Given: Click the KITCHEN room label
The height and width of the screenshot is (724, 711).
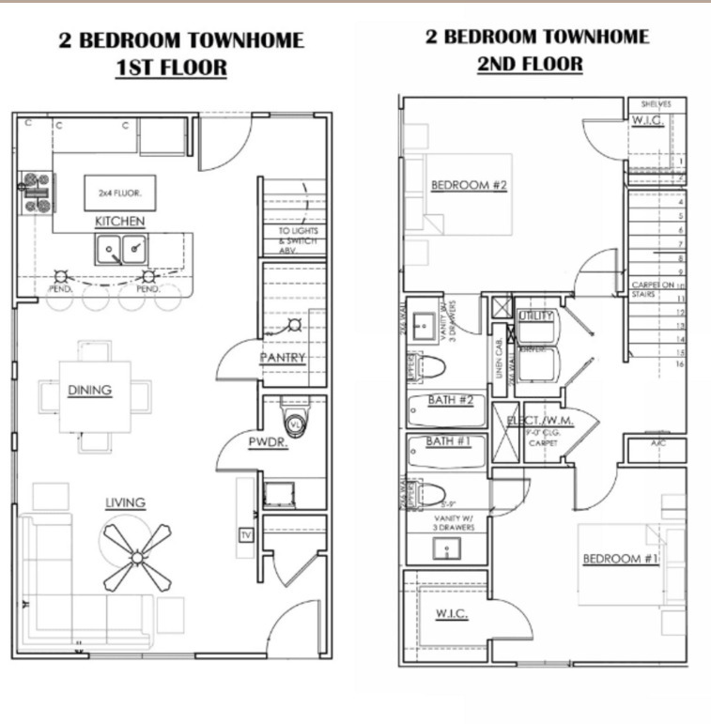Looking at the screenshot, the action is click(x=119, y=222).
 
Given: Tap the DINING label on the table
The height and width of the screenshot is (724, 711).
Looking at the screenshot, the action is click(x=89, y=391).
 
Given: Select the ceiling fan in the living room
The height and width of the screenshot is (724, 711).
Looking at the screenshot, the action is click(x=137, y=555).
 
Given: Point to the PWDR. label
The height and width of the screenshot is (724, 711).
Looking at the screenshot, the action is click(x=268, y=442).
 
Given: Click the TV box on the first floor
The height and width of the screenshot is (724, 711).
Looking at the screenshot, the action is click(x=246, y=535).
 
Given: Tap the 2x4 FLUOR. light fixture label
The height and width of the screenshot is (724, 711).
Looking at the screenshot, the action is click(x=119, y=193).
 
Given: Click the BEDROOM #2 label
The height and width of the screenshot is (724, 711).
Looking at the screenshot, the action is click(x=469, y=185).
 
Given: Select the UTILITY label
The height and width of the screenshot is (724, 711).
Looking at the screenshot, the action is click(x=535, y=316).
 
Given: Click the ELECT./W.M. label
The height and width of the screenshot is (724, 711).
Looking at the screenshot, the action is click(x=540, y=421).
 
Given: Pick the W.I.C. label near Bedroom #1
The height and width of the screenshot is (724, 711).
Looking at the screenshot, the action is click(x=451, y=614).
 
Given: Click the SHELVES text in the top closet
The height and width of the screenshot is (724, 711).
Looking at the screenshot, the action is click(x=657, y=104).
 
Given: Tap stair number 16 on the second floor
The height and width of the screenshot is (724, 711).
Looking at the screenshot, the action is click(x=678, y=364).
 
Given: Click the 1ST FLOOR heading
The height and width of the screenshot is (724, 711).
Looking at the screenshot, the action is click(x=171, y=69).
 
